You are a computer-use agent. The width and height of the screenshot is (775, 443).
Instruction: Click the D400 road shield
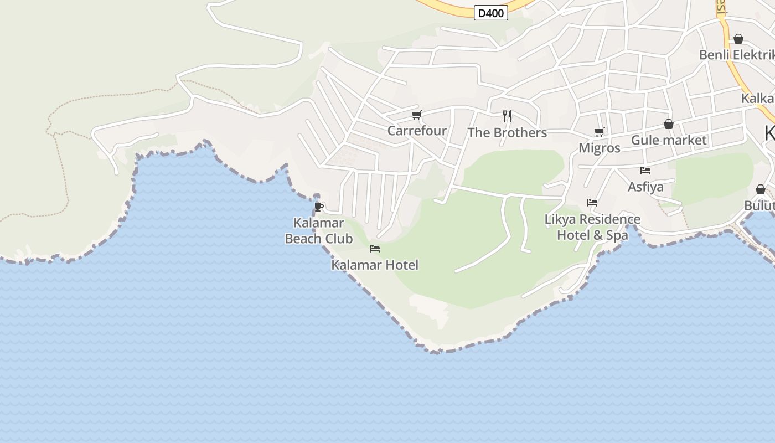coord(491,13)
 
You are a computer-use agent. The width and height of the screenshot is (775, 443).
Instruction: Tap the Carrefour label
coord(417,131)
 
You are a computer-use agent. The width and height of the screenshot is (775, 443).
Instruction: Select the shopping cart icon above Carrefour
coord(416,115)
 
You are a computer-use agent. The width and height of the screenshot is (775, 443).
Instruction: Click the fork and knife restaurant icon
coord(507,116)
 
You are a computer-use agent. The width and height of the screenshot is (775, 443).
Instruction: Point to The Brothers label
coord(507,133)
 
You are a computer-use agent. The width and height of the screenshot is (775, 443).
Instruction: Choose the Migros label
coord(600,148)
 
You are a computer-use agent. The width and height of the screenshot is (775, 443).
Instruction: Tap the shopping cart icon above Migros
coord(599,132)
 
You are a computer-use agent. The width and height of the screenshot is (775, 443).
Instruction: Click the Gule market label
coord(669,140)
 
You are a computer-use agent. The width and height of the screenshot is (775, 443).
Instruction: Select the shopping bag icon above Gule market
coord(669,124)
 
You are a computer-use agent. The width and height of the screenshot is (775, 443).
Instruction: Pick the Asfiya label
coord(645,187)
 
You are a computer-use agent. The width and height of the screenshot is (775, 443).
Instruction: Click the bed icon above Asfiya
coord(645,171)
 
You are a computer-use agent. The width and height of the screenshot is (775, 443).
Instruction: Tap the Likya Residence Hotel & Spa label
coord(592,227)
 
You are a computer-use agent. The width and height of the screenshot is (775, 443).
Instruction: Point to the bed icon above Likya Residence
coord(592,203)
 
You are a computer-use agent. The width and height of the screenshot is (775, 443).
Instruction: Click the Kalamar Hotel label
coord(375,265)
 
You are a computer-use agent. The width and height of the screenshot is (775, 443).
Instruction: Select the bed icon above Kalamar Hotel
coord(375,249)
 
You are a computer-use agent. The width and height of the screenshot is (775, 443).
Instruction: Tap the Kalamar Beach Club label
coord(318,231)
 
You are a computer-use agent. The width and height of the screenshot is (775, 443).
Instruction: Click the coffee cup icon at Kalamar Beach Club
coord(318,207)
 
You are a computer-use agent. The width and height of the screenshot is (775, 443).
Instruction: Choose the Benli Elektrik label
coord(736,55)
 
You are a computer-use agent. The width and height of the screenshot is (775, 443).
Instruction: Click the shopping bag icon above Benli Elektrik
coord(738,39)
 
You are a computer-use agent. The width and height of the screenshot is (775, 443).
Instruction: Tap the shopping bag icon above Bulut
coord(761,189)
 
